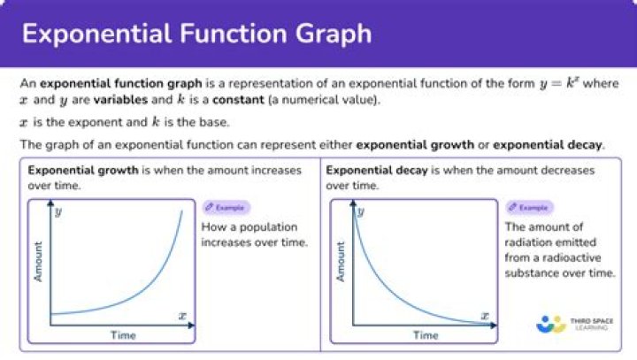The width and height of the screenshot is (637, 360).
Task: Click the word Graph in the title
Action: (334, 34)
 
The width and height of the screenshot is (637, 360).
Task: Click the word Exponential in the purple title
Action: (96, 34)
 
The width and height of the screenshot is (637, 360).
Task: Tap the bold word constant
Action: (238, 100)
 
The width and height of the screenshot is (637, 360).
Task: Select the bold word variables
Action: (120, 100)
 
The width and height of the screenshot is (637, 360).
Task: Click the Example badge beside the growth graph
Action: (226, 207)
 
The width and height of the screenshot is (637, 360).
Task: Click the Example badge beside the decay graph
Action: (529, 207)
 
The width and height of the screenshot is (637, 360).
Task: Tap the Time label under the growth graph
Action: (123, 335)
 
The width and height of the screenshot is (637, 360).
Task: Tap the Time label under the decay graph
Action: (426, 335)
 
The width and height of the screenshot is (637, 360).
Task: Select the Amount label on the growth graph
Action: (38, 262)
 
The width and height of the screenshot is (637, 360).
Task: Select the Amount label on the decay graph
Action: (341, 262)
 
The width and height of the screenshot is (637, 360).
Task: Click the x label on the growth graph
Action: (182, 316)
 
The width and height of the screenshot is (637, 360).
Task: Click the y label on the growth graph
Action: (58, 211)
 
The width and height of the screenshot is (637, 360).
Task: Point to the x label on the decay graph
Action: (485, 316)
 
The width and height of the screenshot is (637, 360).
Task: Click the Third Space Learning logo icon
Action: (551, 325)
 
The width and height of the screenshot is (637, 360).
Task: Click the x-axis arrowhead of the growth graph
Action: (192, 325)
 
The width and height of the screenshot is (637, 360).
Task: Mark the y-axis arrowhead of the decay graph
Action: (353, 203)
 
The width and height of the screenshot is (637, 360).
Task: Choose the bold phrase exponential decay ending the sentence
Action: (548, 145)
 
